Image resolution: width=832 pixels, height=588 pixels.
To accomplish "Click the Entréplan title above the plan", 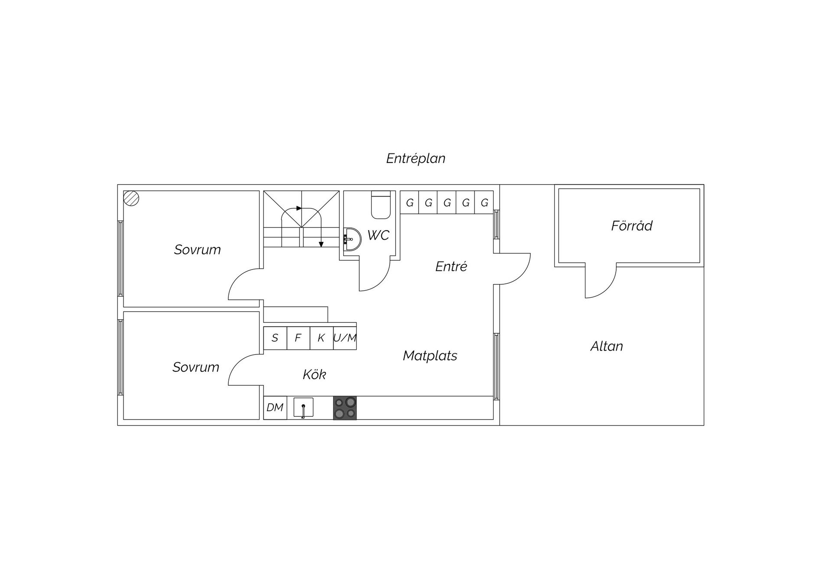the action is pyautogui.click(x=416, y=159).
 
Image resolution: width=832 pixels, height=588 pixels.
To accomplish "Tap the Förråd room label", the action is pyautogui.click(x=631, y=225).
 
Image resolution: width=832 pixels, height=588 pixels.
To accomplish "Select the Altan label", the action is pyautogui.click(x=607, y=346).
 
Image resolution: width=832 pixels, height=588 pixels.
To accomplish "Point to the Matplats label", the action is pyautogui.click(x=430, y=356).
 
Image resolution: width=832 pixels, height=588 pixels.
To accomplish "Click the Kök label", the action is pyautogui.click(x=314, y=374).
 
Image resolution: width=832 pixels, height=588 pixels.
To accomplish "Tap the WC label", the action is pyautogui.click(x=378, y=235).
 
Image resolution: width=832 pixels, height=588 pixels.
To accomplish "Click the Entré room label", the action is pyautogui.click(x=451, y=266).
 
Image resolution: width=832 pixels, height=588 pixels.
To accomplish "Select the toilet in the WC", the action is pyautogui.click(x=381, y=205).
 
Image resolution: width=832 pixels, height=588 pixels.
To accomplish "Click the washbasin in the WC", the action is pyautogui.click(x=352, y=239).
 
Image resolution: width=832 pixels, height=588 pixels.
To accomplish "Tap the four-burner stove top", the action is pyautogui.click(x=345, y=408).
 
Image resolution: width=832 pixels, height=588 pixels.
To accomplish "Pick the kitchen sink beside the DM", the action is pyautogui.click(x=303, y=408).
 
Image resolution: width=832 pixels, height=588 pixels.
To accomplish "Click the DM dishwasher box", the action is pyautogui.click(x=275, y=408).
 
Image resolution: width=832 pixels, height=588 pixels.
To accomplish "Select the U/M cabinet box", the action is pyautogui.click(x=345, y=338).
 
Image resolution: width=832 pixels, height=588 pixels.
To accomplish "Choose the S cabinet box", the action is pyautogui.click(x=275, y=338).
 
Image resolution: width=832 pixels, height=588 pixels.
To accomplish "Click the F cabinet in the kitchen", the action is pyautogui.click(x=298, y=338).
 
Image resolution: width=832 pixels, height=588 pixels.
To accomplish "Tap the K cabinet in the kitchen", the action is pyautogui.click(x=322, y=338).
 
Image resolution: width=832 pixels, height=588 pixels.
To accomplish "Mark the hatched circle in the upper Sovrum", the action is pyautogui.click(x=131, y=198).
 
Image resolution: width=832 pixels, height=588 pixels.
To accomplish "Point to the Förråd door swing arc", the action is pyautogui.click(x=605, y=288).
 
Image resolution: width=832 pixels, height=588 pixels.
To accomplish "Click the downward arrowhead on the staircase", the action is pyautogui.click(x=321, y=244).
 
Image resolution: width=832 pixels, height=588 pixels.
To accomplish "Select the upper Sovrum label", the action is pyautogui.click(x=197, y=250).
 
